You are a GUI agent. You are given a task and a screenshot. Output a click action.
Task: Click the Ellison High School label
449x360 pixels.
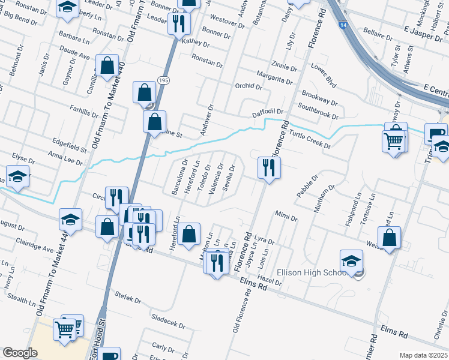tap(310, 272)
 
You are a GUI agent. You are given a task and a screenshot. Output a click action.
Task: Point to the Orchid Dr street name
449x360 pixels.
tap(249, 86)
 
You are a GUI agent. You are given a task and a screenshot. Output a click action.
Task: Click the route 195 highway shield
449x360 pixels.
tap(164, 80)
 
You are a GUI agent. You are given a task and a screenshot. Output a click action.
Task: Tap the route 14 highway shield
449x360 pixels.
tap(342, 26)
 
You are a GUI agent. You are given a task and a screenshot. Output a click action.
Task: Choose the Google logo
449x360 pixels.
tap(20, 353)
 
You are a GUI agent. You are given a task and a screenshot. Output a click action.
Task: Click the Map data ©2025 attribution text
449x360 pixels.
tap(423, 355)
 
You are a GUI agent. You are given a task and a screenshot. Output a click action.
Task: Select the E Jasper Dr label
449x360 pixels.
tap(423, 29)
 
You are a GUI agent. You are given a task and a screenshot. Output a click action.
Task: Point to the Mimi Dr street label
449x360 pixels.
tap(286, 215)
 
